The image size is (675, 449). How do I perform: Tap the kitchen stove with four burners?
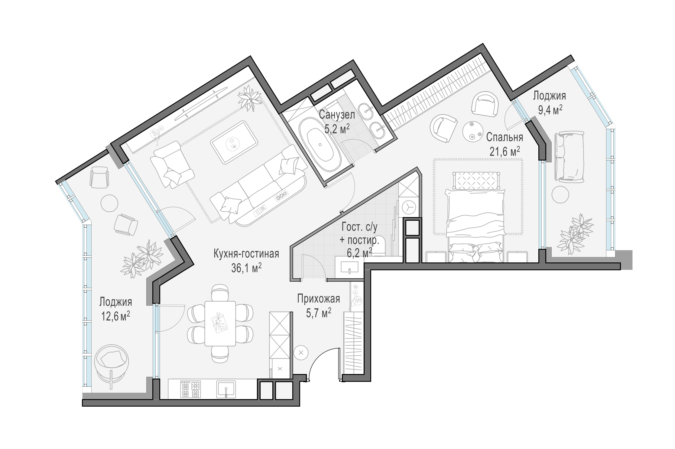[190, 389]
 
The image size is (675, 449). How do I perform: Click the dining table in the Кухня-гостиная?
[220, 323]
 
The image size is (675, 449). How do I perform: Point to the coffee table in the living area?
[235, 142]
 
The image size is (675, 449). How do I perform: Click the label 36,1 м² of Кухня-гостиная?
[246, 268]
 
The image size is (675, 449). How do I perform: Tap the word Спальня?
[505, 138]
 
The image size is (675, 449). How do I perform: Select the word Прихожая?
[319, 299]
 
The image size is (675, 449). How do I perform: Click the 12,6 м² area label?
[115, 316]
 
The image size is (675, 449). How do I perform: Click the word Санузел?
[337, 115]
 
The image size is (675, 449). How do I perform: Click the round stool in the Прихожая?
[301, 352]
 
